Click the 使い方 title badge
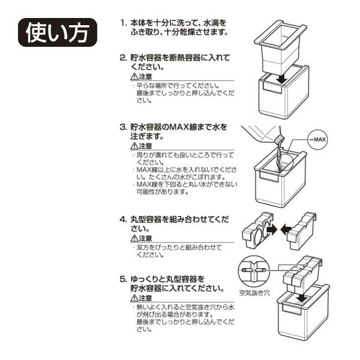click(58, 32)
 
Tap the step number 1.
click(124, 23)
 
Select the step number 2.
click(123, 58)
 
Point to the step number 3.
click(123, 127)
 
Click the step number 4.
click(123, 220)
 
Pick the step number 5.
click(123, 279)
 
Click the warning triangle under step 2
click(134, 77)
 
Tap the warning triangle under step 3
click(134, 146)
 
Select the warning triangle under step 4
click(134, 239)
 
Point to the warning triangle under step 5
click(134, 298)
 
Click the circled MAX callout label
click(318, 140)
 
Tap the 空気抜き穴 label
click(254, 293)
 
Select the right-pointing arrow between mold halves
click(272, 229)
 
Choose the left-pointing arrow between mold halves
click(286, 230)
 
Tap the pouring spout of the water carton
click(280, 139)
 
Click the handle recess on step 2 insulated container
click(272, 88)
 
